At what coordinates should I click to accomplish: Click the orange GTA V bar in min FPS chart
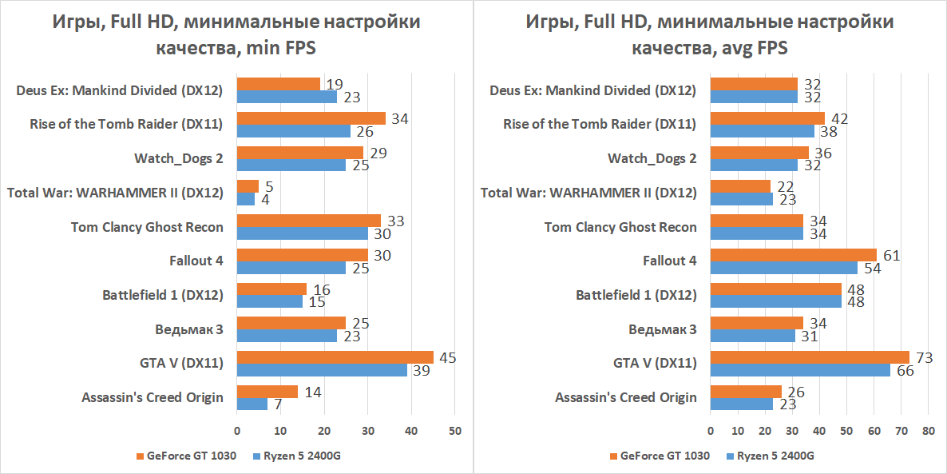tap(335, 357)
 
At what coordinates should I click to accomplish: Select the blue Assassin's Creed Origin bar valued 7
tap(252, 404)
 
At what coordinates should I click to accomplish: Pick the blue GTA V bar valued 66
tap(800, 370)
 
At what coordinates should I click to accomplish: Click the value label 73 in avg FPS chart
tap(925, 357)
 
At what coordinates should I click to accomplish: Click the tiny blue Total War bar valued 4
tap(245, 199)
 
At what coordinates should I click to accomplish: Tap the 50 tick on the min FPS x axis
tap(454, 430)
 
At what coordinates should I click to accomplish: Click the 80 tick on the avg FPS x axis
tap(927, 430)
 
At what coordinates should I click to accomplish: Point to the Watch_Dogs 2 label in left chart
tap(178, 158)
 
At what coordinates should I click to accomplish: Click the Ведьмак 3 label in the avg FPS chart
tap(662, 329)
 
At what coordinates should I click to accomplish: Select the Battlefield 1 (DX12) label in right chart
tap(636, 295)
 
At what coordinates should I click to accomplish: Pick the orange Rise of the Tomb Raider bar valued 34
tap(311, 118)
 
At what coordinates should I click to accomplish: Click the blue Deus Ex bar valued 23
tap(287, 97)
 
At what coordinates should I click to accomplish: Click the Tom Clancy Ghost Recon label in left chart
tap(147, 227)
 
